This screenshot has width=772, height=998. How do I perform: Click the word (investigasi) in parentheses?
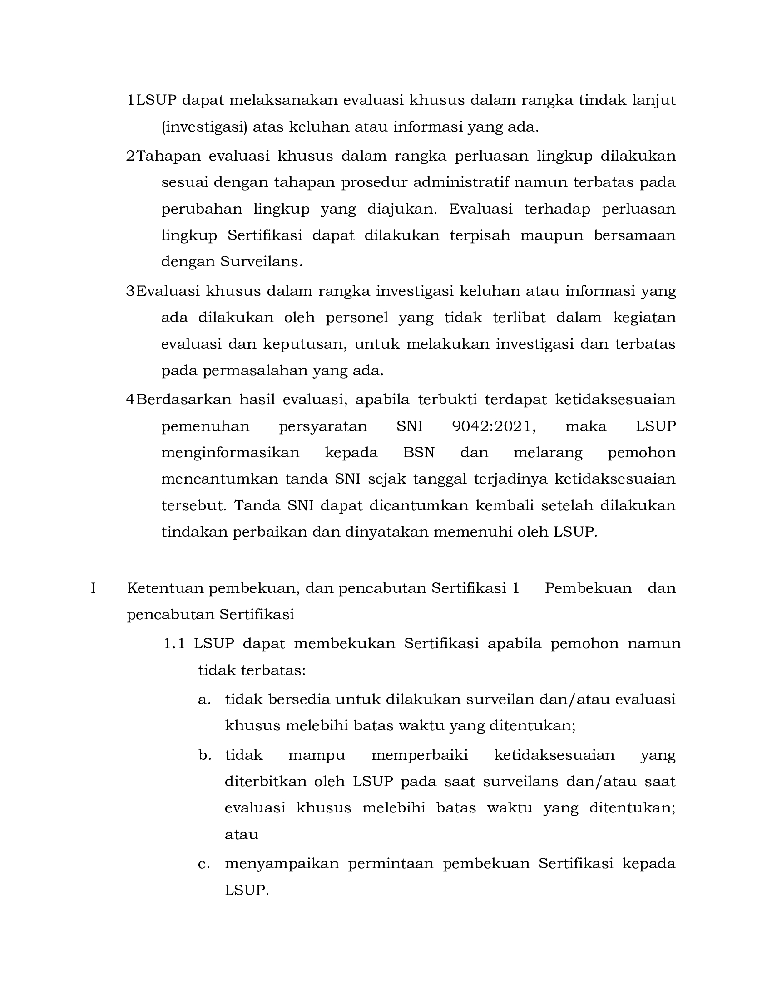[x=204, y=127]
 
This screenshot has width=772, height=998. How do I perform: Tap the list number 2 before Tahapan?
[x=130, y=156]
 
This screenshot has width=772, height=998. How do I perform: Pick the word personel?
[x=357, y=317]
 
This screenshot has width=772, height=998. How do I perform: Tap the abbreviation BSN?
[x=419, y=452]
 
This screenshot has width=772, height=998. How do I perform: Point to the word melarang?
[x=548, y=452]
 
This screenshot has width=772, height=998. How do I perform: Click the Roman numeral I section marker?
[x=93, y=588]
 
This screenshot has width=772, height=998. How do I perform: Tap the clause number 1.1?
[x=174, y=644]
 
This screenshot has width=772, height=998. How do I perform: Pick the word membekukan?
[x=344, y=644]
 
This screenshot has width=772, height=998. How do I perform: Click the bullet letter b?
[x=204, y=755]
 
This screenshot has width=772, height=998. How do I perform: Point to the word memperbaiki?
[x=420, y=755]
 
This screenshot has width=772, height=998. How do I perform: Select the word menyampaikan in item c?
[x=282, y=864]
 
